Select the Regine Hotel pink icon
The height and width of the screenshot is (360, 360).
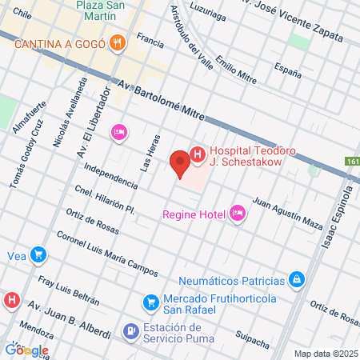tap(237, 213)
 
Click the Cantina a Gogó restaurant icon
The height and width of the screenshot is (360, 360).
tap(118, 42)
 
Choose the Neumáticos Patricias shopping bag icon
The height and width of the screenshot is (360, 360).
tap(297, 280)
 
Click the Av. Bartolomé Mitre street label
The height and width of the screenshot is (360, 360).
tap(169, 100)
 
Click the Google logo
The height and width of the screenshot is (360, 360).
tap(26, 350)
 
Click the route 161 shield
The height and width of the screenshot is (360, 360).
tap(353, 161)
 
